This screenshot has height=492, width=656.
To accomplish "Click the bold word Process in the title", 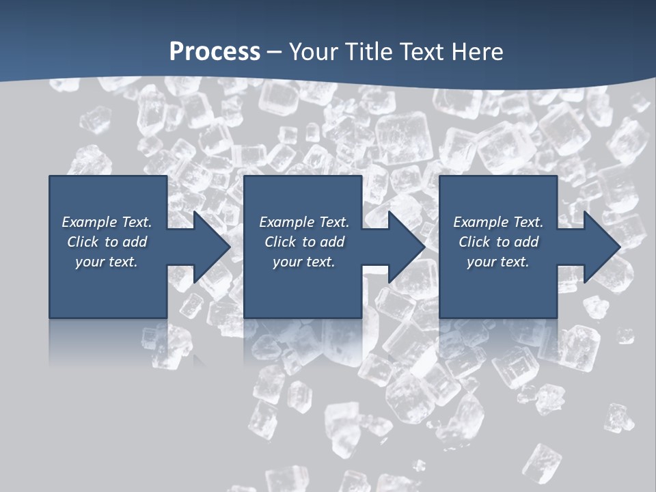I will click(215, 52).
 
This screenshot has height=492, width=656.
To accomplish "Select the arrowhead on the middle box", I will click(405, 247).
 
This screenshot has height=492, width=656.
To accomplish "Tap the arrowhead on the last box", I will click(601, 247).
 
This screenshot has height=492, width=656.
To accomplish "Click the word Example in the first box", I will click(90, 222).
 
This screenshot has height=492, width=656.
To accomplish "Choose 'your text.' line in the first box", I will click(107, 262).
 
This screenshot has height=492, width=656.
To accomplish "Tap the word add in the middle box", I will click(331, 242).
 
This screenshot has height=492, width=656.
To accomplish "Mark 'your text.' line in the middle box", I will click(303, 262).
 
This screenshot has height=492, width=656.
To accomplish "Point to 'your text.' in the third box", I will click(497, 262).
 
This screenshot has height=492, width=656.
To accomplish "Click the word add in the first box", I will click(135, 242).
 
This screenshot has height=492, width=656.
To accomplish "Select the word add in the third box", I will click(525, 242).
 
